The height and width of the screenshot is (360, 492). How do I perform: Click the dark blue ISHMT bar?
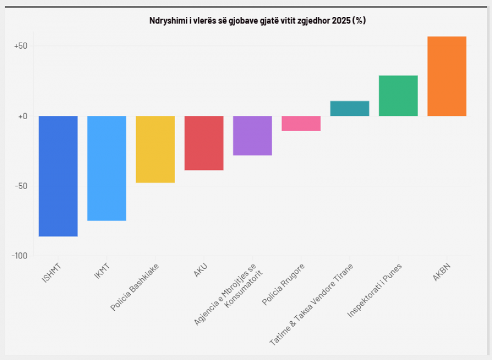[x=58, y=176]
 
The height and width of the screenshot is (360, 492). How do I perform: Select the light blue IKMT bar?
[x=107, y=168]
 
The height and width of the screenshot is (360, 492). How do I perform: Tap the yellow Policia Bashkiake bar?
[x=155, y=149]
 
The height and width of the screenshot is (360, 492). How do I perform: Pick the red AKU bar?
[x=204, y=143]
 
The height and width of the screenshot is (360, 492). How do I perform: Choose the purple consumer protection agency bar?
[x=253, y=135]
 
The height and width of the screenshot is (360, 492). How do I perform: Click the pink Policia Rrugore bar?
[x=301, y=123]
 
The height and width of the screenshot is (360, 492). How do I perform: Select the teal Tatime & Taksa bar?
[x=350, y=109]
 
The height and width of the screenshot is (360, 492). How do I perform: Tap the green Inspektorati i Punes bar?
[x=398, y=96]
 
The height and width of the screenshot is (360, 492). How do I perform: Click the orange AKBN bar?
[x=447, y=76]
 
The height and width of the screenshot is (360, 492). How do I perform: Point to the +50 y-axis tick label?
[x=21, y=46]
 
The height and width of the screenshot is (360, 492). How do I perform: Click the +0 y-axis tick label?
[x=22, y=116]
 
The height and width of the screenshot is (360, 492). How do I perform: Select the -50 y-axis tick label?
[x=21, y=186]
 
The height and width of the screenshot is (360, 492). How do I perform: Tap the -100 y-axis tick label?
[x=20, y=256]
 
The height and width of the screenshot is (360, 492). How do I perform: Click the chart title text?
[x=257, y=21]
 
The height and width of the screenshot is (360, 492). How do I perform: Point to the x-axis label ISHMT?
[x=51, y=274]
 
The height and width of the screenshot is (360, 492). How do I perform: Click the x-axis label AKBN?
[x=442, y=272]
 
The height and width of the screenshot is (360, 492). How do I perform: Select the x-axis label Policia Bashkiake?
[x=134, y=287]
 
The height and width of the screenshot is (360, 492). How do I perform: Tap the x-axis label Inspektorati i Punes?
[x=374, y=291]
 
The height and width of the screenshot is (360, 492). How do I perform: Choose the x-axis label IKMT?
[x=102, y=272]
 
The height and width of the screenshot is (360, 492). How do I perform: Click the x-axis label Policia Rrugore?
[x=283, y=285]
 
